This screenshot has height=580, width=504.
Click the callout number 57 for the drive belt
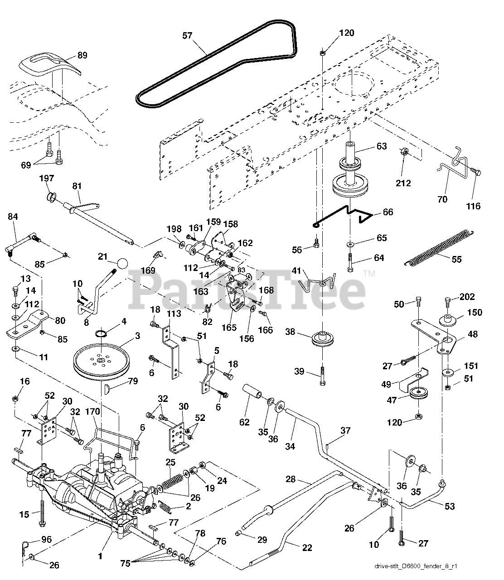pyautogui.click(x=187, y=36)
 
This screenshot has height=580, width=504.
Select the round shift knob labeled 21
pyautogui.click(x=122, y=263)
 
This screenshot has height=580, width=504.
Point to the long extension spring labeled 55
pyautogui.click(x=439, y=249)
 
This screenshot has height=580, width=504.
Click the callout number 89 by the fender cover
pyautogui.click(x=82, y=55)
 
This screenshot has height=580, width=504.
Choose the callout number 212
pyautogui.click(x=403, y=183)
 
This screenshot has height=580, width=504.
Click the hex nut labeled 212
pyautogui.click(x=404, y=152)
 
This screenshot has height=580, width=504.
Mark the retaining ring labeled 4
pyautogui.click(x=101, y=333)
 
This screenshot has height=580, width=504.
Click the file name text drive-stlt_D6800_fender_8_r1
pyautogui.click(x=416, y=566)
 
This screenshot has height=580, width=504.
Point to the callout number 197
pyautogui.click(x=47, y=179)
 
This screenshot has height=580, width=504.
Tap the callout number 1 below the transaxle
pyautogui.click(x=100, y=556)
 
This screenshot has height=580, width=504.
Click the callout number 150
pyautogui.click(x=475, y=312)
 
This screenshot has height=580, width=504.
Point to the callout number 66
pyautogui.click(x=388, y=212)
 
